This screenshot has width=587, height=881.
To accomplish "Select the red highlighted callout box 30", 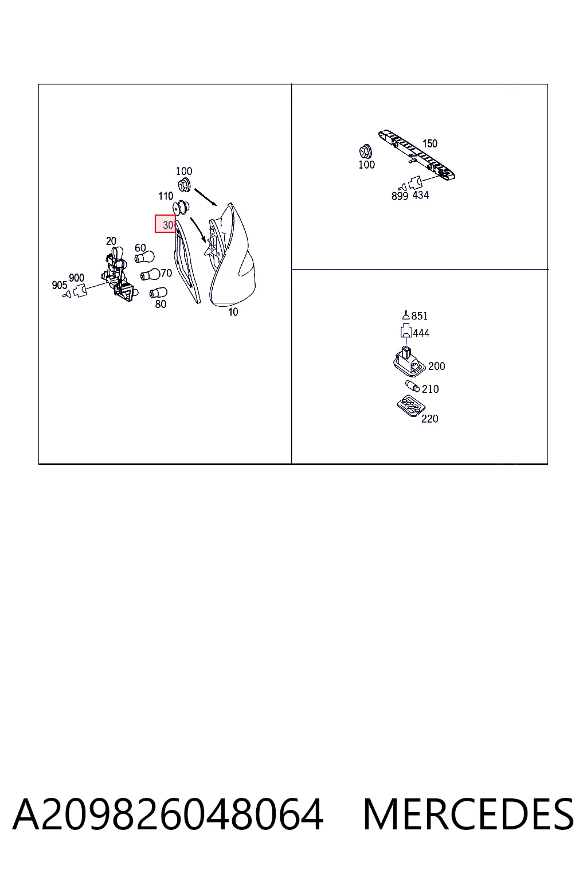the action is (165, 224).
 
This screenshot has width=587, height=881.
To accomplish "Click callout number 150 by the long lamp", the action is (430, 143).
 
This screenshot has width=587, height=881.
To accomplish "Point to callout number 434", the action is (420, 195).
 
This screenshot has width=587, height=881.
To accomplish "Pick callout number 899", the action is (400, 196).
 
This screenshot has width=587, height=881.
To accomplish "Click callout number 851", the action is (419, 316).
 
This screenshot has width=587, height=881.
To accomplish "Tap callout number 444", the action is (421, 333).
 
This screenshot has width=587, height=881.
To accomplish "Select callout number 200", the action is (436, 366).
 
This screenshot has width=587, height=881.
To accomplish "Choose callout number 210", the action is (430, 389).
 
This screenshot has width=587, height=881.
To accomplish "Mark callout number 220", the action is (429, 419).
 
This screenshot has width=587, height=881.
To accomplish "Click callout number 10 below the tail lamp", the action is (233, 312).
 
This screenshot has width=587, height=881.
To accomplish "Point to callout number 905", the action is (60, 285).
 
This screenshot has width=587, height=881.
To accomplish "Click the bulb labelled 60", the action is (144, 257).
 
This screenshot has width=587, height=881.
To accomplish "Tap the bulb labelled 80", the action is (158, 293).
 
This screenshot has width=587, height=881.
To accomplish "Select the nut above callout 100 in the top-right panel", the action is (365, 152).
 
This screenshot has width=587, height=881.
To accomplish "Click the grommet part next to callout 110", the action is (181, 207).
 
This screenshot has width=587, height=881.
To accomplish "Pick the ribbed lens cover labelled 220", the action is (411, 406).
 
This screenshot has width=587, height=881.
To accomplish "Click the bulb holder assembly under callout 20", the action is (119, 274).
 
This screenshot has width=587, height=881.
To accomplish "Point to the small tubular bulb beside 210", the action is (412, 386).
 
